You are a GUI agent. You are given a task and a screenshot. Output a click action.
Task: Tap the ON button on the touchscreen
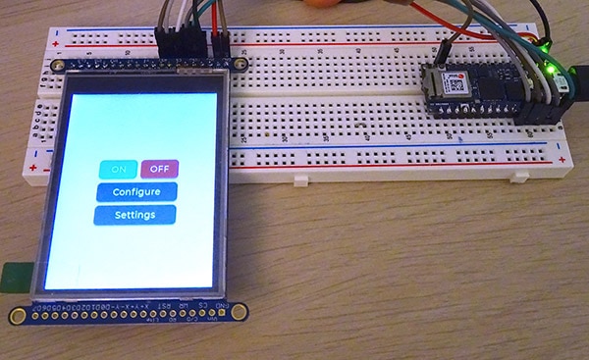coord(119,169)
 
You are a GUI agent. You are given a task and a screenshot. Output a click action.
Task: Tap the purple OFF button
coord(159,169)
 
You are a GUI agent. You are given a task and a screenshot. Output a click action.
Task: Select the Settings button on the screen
coord(135,214)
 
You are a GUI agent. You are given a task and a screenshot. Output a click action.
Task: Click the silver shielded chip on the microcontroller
coord(457,83)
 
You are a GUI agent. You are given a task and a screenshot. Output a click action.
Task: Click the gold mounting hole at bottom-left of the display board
coord(17,315)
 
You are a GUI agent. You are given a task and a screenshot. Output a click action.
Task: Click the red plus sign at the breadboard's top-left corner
coord(56,44)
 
